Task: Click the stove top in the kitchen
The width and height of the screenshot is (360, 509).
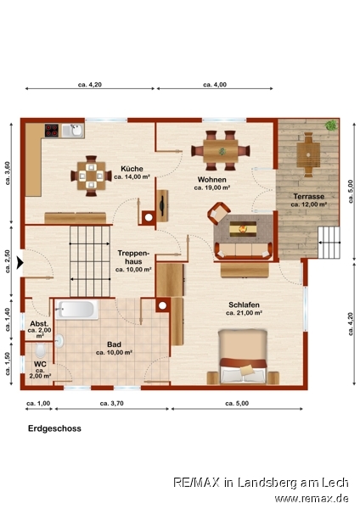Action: coord(52,131)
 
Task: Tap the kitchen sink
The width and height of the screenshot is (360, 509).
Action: coord(73,131)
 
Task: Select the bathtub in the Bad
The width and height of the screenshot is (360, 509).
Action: coord(76,310)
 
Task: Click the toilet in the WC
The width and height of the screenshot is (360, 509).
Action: coord(40,350)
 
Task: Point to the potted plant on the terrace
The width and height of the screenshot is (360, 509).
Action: coord(331,125)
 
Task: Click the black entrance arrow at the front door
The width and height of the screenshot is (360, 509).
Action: coord(20,263)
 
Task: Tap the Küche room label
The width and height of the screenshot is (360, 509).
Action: coord(132,169)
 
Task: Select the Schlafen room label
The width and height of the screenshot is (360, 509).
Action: coord(244,305)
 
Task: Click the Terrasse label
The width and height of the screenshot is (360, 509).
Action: coord(309,197)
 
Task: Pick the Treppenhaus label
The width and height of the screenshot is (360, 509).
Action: coord(133,257)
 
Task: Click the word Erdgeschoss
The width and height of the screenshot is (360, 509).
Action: coord(54,428)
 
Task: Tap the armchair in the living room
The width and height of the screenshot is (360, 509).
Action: coord(219,213)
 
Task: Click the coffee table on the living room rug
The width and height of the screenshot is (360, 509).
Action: coord(243,229)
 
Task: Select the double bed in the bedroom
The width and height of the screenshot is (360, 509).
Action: coord(243,356)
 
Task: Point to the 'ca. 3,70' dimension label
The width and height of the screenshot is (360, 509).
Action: coord(112,403)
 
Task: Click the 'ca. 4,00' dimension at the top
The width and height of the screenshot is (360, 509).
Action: coord(215,85)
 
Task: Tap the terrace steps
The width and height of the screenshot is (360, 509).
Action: coord(329,242)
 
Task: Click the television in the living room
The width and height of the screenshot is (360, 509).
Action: coord(162,206)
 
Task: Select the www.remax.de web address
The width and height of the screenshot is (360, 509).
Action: coord(312,499)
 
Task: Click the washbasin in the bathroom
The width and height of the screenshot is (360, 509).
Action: coord(59,341)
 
